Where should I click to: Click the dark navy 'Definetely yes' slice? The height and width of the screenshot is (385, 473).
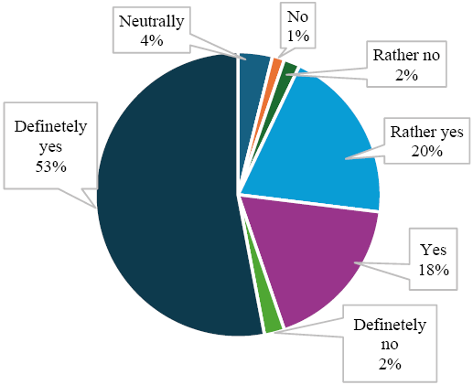(165, 201)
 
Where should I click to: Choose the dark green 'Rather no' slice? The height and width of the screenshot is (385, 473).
(289, 70)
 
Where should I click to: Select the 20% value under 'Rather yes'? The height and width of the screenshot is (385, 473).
(426, 151)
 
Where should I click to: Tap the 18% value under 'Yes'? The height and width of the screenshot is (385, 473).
(433, 270)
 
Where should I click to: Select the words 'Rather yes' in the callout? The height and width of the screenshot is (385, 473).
(426, 132)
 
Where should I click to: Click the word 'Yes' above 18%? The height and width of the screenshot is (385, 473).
(433, 250)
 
